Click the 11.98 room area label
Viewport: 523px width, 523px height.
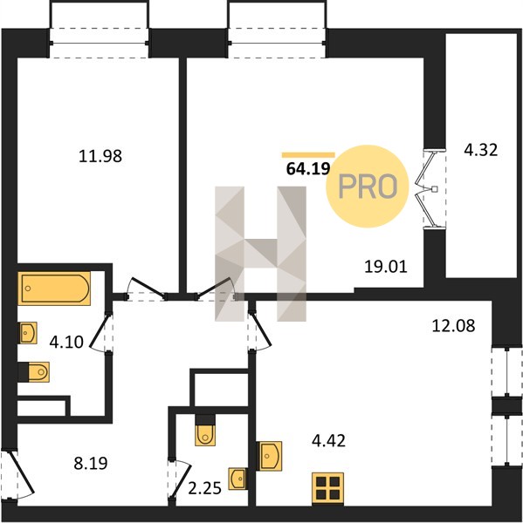[100, 156]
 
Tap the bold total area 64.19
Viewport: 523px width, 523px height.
[308, 169]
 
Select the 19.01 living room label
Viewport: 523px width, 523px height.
[386, 267]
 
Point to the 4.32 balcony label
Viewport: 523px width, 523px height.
[481, 150]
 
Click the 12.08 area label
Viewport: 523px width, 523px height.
[453, 325]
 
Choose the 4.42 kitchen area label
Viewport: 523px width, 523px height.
[328, 440]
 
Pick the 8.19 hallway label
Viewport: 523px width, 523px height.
[91, 464]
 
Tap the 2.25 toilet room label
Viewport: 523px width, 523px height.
[204, 489]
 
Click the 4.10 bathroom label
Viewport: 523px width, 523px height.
[66, 343]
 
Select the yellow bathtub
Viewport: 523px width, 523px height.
[56, 289]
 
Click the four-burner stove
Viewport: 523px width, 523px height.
[327, 487]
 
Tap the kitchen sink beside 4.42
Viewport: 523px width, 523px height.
[269, 456]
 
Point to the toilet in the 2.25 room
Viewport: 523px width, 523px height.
[205, 431]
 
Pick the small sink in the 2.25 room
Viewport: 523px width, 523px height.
[238, 479]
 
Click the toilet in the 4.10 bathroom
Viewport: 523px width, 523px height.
[34, 372]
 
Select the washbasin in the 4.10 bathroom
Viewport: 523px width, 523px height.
[28, 333]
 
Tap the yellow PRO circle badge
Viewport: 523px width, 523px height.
[368, 187]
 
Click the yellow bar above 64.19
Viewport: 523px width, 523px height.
[308, 155]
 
